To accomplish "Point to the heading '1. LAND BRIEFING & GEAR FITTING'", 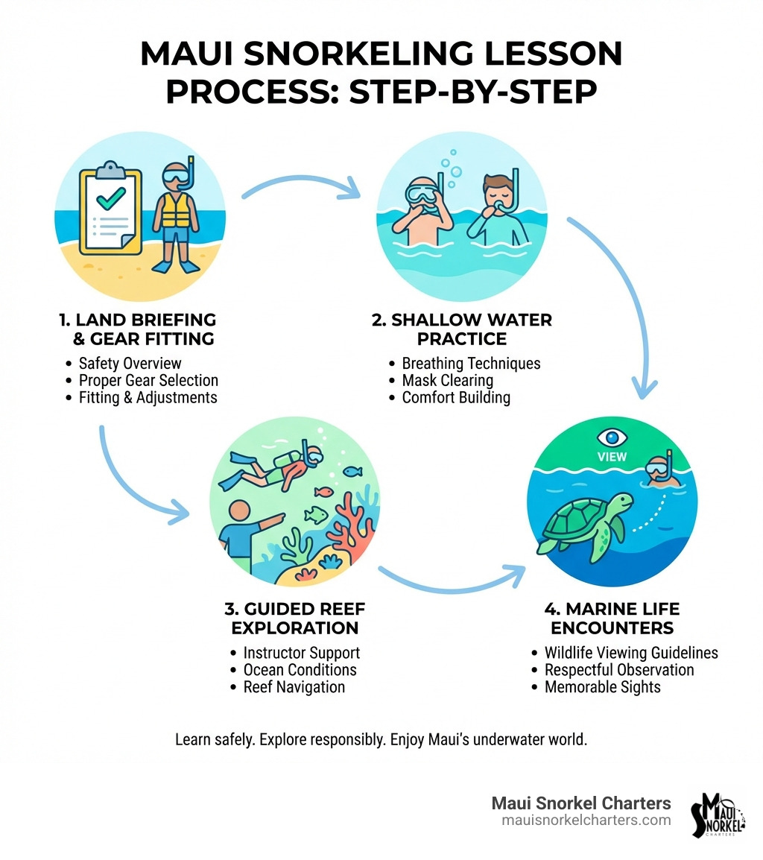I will tap(137, 329).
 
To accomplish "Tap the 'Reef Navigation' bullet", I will tap(294, 686).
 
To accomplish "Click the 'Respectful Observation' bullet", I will tap(618, 669).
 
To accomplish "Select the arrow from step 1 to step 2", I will tap(302, 186).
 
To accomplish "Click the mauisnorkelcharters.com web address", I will tap(586, 821).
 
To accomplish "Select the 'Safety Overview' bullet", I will tap(130, 364).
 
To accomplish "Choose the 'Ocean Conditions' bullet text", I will tap(300, 669).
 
